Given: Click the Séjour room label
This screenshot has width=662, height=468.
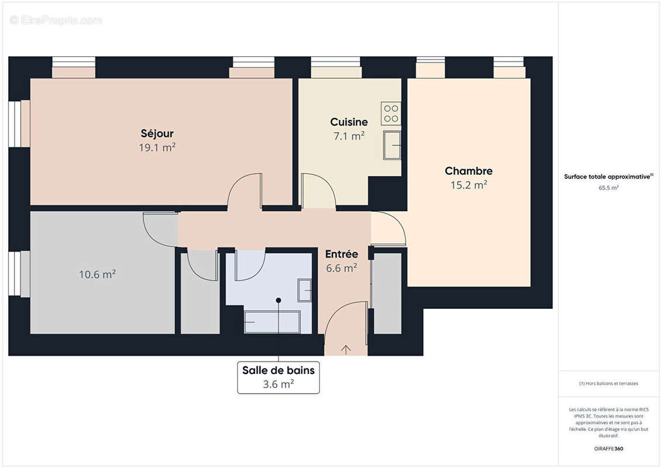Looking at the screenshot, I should (157, 133).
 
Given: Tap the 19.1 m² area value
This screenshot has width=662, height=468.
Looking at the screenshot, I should (157, 147).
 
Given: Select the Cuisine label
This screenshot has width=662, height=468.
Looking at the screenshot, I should (349, 122).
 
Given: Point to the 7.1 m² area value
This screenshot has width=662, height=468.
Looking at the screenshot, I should (348, 136).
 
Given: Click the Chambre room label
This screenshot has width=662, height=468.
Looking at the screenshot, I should (468, 171).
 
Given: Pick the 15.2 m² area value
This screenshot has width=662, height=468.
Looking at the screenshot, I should (468, 185).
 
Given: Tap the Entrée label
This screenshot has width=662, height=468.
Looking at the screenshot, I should (341, 254).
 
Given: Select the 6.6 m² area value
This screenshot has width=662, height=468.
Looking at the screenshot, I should (341, 268).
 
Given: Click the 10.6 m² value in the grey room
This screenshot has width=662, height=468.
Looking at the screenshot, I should (97, 274).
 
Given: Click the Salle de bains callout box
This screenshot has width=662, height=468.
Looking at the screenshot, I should (279, 377).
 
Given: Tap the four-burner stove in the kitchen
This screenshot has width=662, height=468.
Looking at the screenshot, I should (390, 113).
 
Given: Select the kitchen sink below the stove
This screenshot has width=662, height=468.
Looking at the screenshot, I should (392, 144).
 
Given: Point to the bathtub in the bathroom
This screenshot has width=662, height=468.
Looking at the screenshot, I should (272, 322).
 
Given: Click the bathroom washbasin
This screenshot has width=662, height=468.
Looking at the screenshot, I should (305, 290).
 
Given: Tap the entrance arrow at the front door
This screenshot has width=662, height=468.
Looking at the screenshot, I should (346, 350).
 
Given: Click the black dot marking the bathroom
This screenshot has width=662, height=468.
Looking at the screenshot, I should (279, 300).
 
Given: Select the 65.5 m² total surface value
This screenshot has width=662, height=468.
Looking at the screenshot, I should (609, 188).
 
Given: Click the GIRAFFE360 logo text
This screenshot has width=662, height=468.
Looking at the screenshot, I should (609, 449).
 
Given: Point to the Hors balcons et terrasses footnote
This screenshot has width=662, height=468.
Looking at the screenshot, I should (609, 383).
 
